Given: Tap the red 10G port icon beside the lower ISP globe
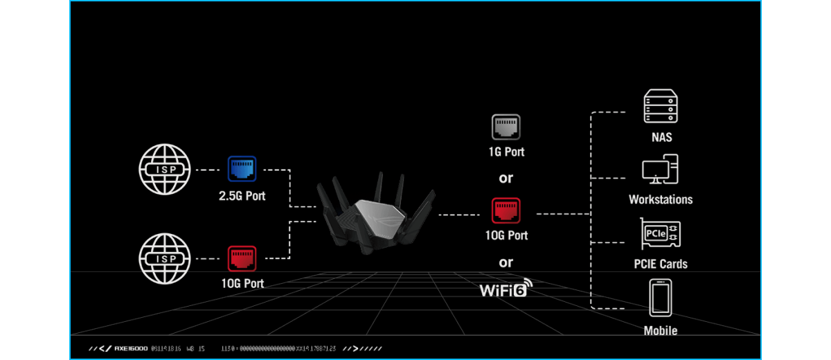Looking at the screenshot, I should [242, 259].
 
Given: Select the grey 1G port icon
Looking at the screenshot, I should [506, 127].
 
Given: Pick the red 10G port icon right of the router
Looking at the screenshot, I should [506, 211].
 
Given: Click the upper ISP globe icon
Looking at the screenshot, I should [163, 170].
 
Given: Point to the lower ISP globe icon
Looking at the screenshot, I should [163, 258].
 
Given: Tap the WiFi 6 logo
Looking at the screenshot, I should [506, 287].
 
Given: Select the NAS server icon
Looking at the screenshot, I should [660, 107].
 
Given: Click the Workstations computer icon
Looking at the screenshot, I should [660, 170].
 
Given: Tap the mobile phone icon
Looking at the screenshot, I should [660, 298].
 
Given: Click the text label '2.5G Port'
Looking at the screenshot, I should [242, 196].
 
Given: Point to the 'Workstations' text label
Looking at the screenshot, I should [660, 199].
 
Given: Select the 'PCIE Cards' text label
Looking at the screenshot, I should [660, 264].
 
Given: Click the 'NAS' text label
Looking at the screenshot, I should [660, 137].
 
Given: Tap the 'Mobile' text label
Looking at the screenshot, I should [660, 330].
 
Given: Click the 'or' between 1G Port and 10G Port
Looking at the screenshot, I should [506, 179].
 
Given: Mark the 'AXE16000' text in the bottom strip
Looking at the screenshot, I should [130, 348].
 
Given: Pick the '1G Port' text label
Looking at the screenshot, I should [506, 152].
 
